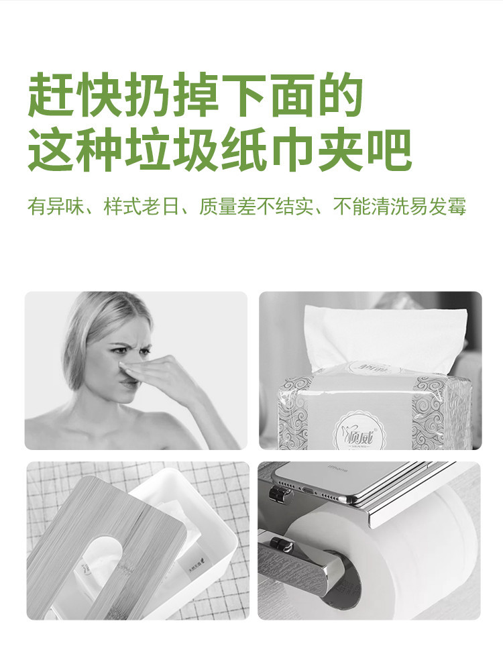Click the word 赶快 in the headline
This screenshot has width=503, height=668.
coord(75,95)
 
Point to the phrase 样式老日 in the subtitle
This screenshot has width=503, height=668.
coord(142,206)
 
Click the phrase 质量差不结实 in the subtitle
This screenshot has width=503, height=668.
coord(256,206)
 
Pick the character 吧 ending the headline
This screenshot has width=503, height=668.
coord(389,151)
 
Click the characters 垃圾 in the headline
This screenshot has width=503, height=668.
coord(171,151)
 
